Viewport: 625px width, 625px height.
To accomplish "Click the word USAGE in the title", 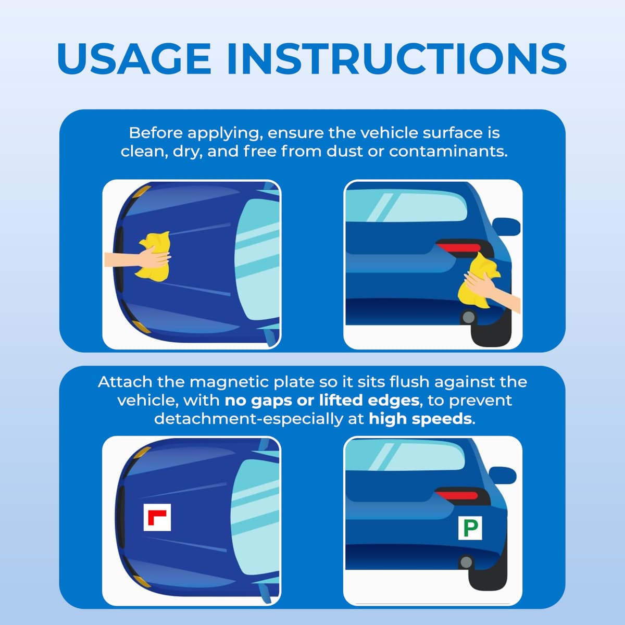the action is (134, 59).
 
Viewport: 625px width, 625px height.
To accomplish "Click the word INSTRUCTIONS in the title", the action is (397, 59).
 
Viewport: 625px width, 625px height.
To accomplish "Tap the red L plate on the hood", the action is (157, 517).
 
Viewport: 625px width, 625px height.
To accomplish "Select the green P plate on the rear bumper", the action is (470, 528).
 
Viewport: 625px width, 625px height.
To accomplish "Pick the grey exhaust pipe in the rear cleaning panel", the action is (468, 317).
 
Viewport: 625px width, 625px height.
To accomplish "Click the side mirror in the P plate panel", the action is (503, 476).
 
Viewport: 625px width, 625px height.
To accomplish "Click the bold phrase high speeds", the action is (420, 419).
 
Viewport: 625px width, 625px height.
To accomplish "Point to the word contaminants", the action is (448, 152).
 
